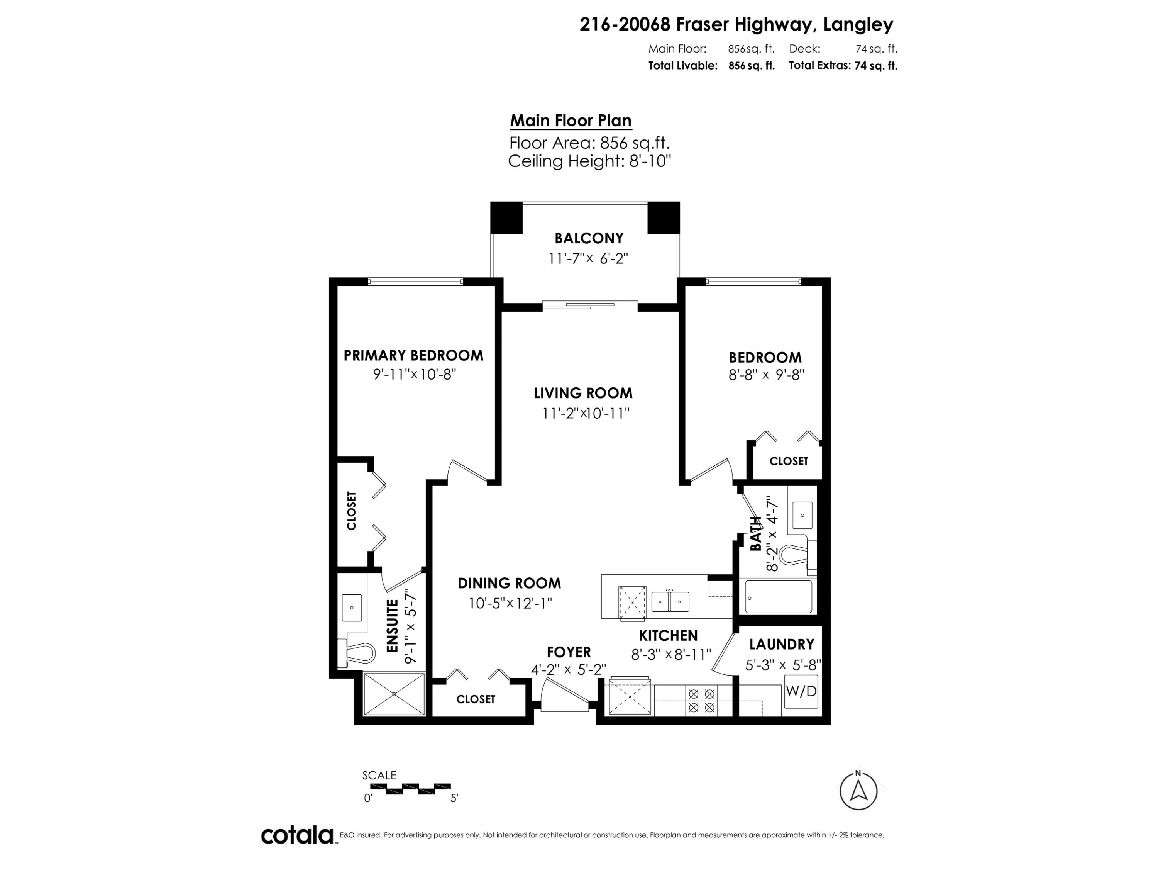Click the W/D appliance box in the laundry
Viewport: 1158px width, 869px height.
click(801, 691)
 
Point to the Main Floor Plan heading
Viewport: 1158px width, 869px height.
click(571, 121)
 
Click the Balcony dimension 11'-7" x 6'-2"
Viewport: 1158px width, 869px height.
click(588, 258)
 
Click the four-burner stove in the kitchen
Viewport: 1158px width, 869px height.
click(701, 701)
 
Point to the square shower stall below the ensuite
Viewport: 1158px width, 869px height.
click(394, 694)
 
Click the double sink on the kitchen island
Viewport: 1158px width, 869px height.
click(670, 602)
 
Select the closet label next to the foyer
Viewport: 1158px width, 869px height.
click(475, 699)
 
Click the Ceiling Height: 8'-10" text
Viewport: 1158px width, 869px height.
click(589, 161)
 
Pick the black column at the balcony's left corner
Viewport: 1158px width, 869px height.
click(506, 217)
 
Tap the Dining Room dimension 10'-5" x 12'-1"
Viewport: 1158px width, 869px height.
click(510, 603)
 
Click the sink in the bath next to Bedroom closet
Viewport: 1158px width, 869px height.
click(802, 515)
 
